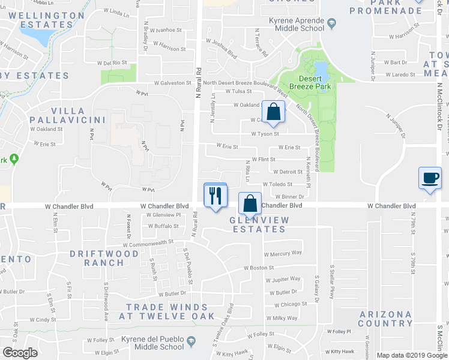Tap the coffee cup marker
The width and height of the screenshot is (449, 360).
coord(430,178)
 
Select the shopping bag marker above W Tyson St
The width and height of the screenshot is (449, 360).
coord(273,112)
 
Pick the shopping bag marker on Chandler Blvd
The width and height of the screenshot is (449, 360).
coord(250,203)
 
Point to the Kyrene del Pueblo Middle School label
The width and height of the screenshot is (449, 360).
coord(152,343)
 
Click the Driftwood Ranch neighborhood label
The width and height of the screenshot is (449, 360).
coord(96,258)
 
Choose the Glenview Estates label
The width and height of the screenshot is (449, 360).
coord(259,225)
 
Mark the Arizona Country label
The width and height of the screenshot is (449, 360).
coord(385,319)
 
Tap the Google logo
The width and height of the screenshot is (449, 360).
coord(20,353)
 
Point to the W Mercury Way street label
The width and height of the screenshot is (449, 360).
coord(283,254)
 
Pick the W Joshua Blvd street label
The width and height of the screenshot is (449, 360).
coord(221,55)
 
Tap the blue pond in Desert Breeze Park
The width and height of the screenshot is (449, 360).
coord(320,70)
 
